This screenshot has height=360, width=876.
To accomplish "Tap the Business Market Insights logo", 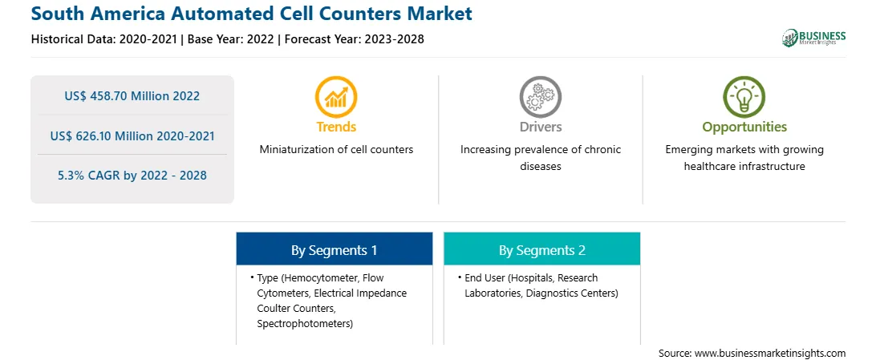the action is click(813, 38).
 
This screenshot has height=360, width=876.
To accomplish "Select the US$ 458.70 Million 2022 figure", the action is click(132, 95).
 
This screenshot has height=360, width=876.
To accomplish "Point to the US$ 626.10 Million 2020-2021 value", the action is click(132, 136).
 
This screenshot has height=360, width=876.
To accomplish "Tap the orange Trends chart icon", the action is click(336, 96).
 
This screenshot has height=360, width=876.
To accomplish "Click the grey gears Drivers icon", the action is click(540, 96).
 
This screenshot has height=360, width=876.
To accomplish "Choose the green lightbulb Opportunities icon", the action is click(744, 96).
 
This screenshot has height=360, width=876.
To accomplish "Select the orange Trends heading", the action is click(336, 127).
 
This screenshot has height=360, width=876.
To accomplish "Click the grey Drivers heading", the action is click(540, 127).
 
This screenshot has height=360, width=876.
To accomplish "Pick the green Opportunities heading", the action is click(744, 127).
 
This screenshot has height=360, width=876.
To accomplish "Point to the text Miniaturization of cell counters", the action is click(336, 150).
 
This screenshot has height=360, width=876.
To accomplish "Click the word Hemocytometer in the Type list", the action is click(323, 277).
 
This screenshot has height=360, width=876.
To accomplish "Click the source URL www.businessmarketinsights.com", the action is click(770, 354).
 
